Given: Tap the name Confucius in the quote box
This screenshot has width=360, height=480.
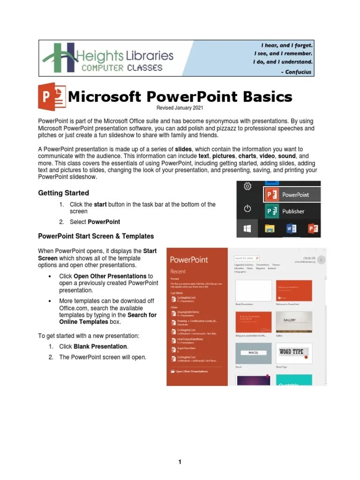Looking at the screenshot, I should pyautogui.click(x=298, y=72).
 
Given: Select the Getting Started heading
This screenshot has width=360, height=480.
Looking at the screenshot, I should pyautogui.click(x=63, y=193).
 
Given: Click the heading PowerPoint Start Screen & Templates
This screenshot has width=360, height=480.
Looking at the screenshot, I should pyautogui.click(x=96, y=236).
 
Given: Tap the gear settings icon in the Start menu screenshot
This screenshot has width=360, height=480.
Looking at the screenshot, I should pyautogui.click(x=247, y=187).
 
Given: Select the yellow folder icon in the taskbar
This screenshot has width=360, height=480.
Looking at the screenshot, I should pyautogui.click(x=270, y=228).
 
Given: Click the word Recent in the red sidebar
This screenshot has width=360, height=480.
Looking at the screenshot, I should pyautogui.click(x=178, y=271).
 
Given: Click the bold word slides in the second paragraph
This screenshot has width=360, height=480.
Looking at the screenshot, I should pyautogui.click(x=183, y=149).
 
